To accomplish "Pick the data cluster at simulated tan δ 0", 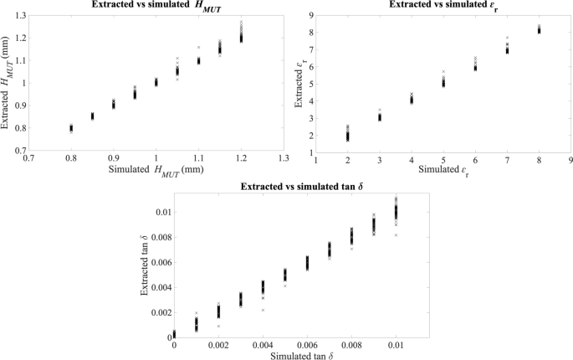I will tap(175, 333).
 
